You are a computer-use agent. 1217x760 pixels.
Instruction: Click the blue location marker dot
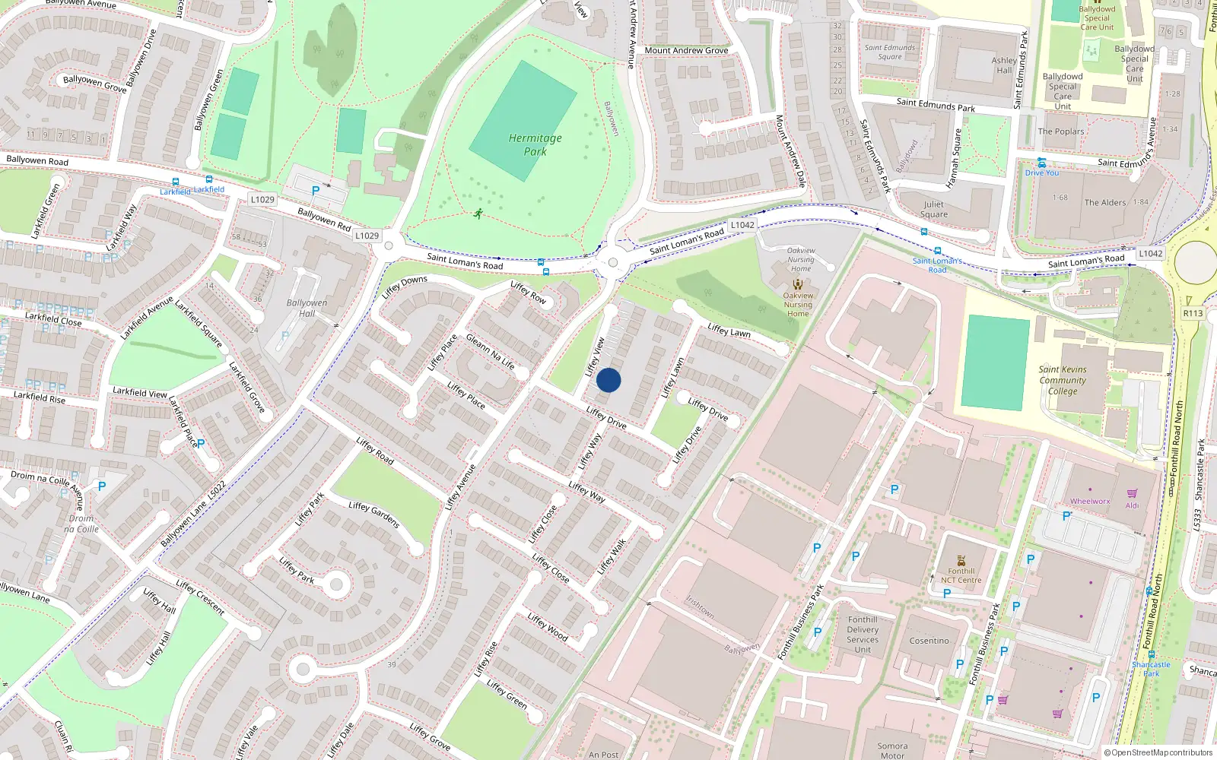tap(608, 380)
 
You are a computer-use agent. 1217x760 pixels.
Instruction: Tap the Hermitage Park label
tap(535, 144)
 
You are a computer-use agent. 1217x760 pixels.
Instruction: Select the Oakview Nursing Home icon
tap(798, 284)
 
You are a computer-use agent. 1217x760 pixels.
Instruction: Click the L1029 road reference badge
tap(262, 200)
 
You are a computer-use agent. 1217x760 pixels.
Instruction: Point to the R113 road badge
tap(1193, 313)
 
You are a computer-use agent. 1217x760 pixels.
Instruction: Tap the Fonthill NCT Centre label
tap(961, 575)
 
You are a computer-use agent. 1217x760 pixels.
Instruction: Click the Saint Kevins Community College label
tap(1063, 380)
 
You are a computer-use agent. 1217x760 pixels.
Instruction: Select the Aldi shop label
tap(1133, 505)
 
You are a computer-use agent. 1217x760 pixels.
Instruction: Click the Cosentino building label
tap(929, 641)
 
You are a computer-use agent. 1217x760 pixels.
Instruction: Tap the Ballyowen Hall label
tap(307, 308)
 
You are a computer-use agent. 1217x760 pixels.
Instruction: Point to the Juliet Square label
tap(934, 209)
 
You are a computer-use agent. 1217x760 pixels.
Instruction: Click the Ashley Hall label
tap(1004, 65)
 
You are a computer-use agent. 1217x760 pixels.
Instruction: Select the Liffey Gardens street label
tap(374, 515)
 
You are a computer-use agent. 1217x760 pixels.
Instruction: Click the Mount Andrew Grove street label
tap(686, 51)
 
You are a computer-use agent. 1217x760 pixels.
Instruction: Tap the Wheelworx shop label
tap(1090, 502)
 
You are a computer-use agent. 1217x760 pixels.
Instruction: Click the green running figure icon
tap(478, 214)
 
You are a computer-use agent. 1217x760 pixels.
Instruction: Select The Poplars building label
tap(1061, 131)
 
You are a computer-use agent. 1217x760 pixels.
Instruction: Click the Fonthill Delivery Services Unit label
tap(863, 635)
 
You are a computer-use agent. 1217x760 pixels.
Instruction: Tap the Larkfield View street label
tap(140, 392)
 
